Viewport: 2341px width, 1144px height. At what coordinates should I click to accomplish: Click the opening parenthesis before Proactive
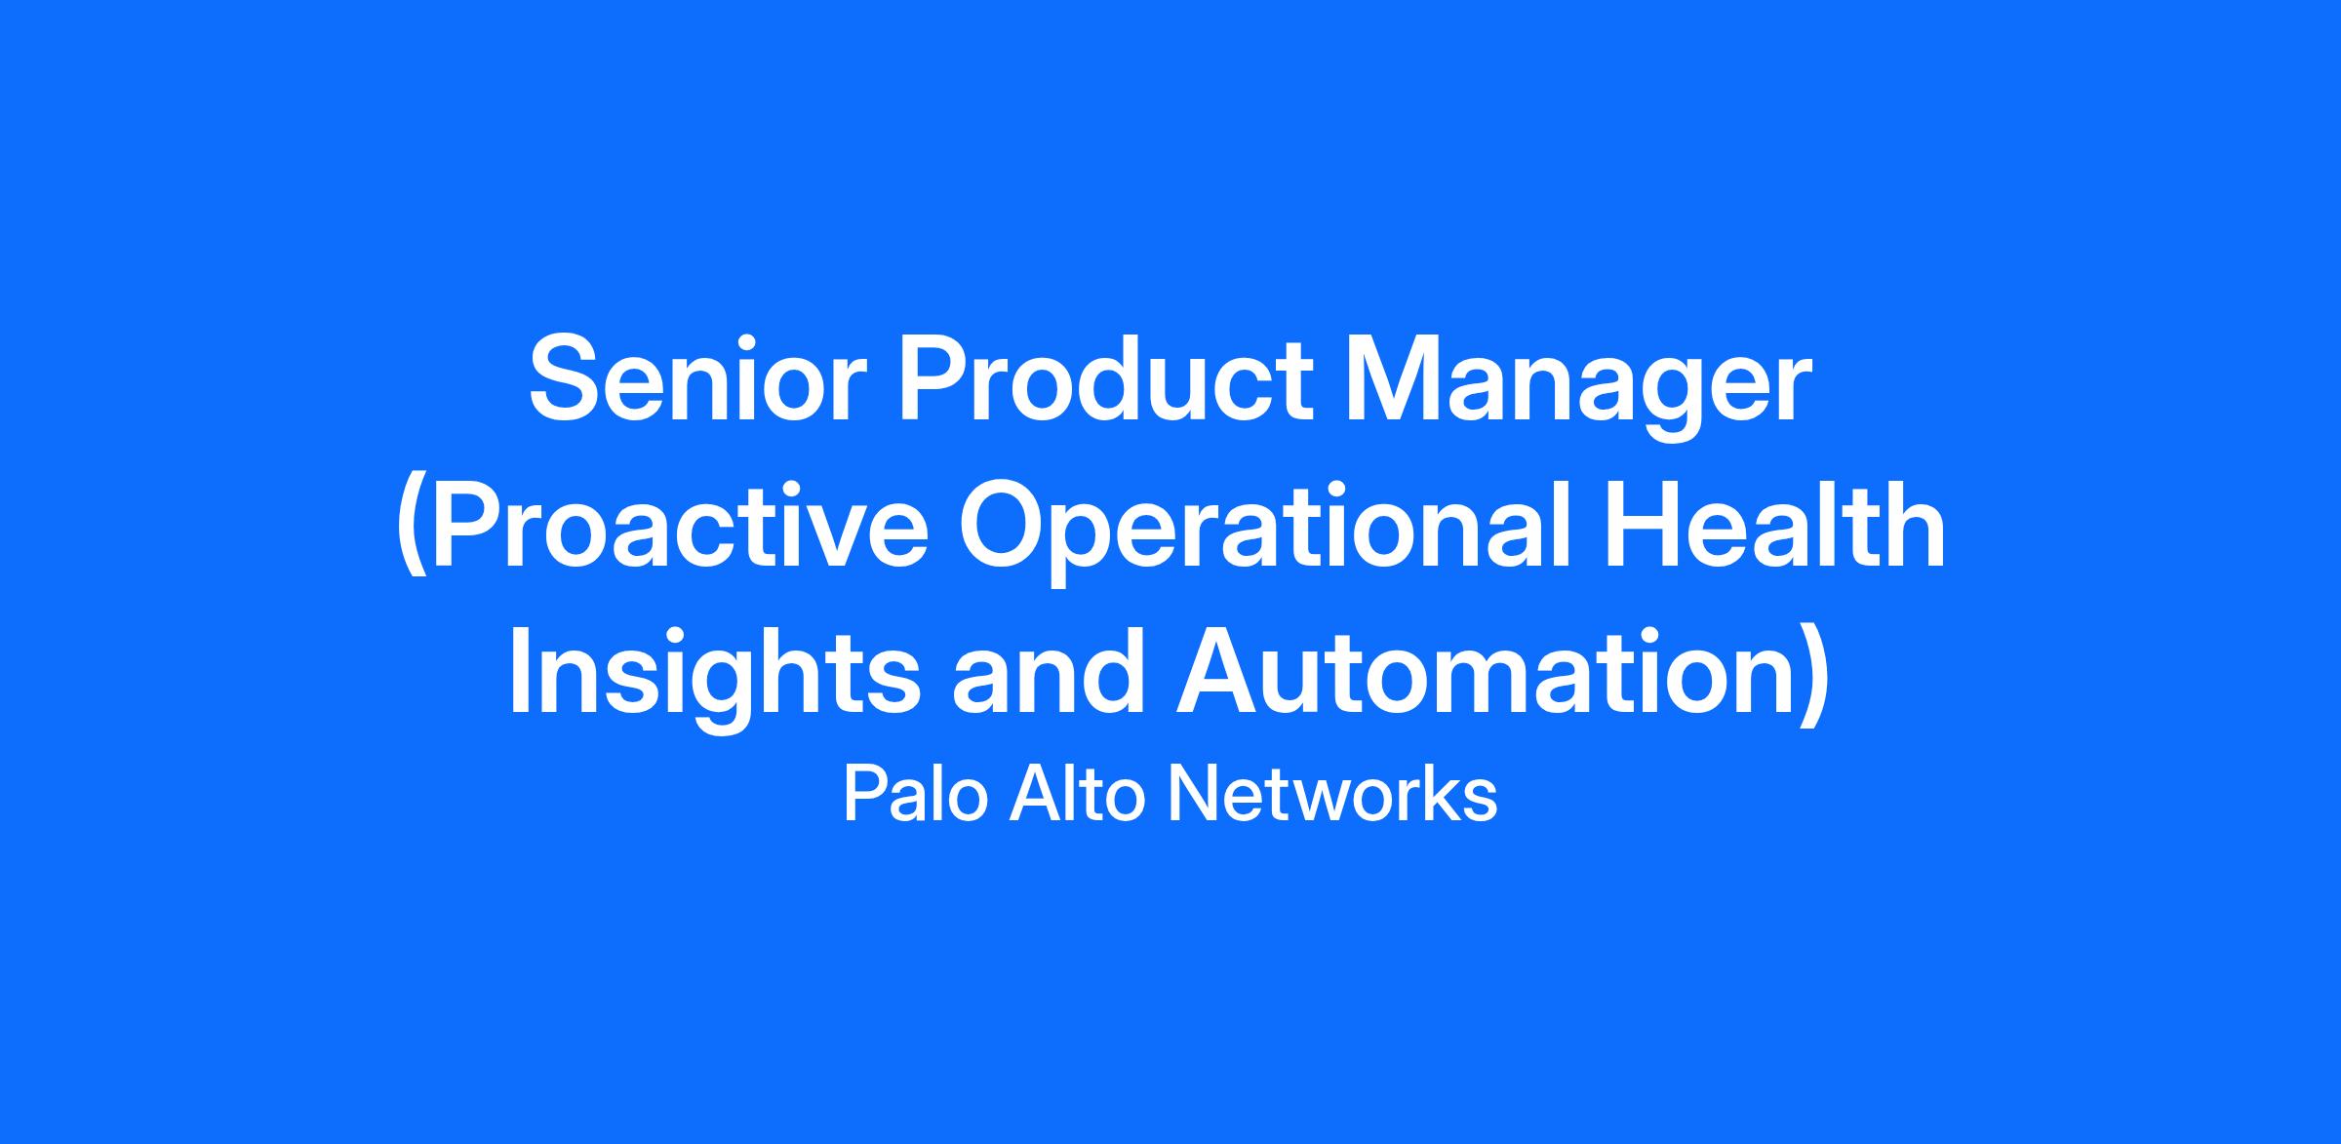point(414,532)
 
